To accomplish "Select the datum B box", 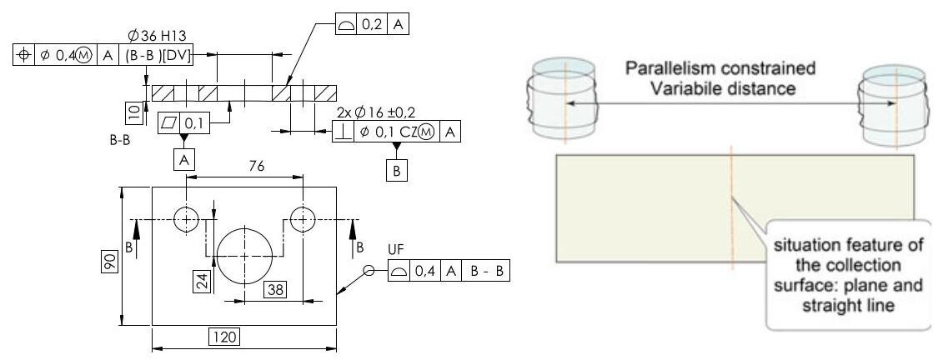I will coord(397,170).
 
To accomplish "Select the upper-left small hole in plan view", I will coord(185,218).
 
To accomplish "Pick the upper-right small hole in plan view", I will coord(303,218).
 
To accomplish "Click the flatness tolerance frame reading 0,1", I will coord(183,122).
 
